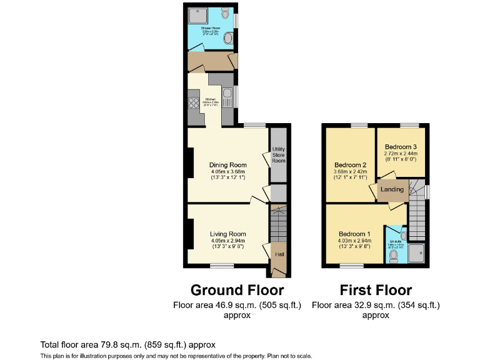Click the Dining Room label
tap(227, 165)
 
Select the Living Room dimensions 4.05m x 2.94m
tap(227, 241)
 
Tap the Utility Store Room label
tap(278, 156)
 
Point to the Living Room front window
tap(222, 266)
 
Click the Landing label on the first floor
tap(392, 189)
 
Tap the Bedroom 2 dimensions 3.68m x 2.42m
tap(350, 173)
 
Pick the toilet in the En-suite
tap(393, 255)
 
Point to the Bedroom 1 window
tap(351, 266)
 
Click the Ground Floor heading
tap(237, 290)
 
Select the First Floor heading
tap(376, 290)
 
